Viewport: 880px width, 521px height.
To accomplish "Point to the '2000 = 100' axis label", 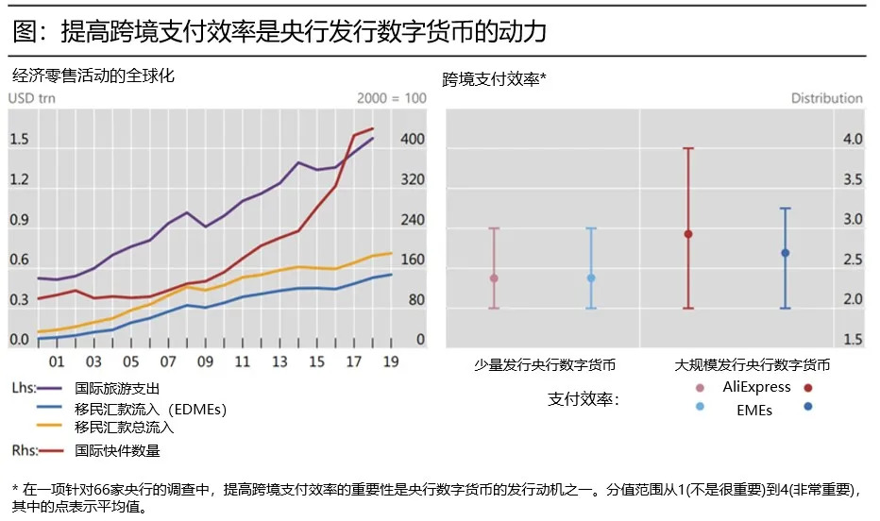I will tap(392, 98).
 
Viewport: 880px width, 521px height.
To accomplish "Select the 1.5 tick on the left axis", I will tap(19, 140).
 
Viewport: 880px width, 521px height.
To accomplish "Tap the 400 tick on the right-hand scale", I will tap(413, 140).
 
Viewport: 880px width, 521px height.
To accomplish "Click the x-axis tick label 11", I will tap(242, 362).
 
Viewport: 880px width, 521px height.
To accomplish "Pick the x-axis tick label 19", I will tap(391, 362).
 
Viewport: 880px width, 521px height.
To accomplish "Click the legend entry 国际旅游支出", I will tap(117, 388).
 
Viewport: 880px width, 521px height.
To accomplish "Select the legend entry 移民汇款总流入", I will tap(125, 427).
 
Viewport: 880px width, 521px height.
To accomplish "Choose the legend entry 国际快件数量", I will tap(117, 450).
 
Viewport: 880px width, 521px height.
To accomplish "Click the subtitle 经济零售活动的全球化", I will tap(93, 76).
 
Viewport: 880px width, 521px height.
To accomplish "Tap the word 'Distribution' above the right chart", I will tap(826, 98).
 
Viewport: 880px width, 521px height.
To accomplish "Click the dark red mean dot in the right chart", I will tap(688, 234).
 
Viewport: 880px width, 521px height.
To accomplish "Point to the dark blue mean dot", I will tap(785, 253).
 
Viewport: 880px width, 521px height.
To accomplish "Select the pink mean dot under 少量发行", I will tap(494, 278).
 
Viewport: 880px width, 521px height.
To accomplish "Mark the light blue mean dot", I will tap(591, 278).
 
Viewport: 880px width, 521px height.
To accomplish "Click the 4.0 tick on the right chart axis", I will tap(853, 140).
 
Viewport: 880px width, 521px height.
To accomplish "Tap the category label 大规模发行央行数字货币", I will tap(753, 363).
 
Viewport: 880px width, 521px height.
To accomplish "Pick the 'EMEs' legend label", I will tap(754, 410).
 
